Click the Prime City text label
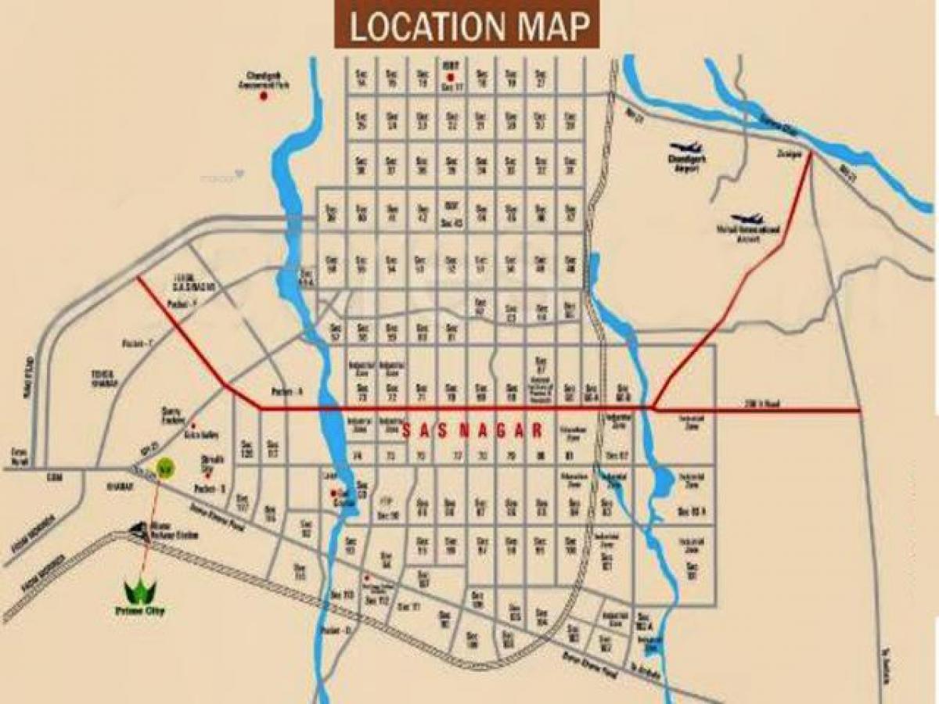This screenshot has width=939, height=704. pos(142,611)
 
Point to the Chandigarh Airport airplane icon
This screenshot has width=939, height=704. pos(687,149)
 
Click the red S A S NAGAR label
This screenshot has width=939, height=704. pos(472,429)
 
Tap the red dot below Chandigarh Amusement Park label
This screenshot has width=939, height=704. pos(264,95)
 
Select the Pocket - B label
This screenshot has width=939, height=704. pos(210,488)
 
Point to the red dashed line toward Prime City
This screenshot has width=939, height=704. pos(151,524)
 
